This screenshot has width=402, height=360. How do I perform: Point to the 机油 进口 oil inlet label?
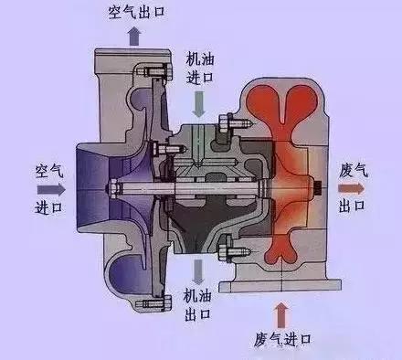click(203, 65)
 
